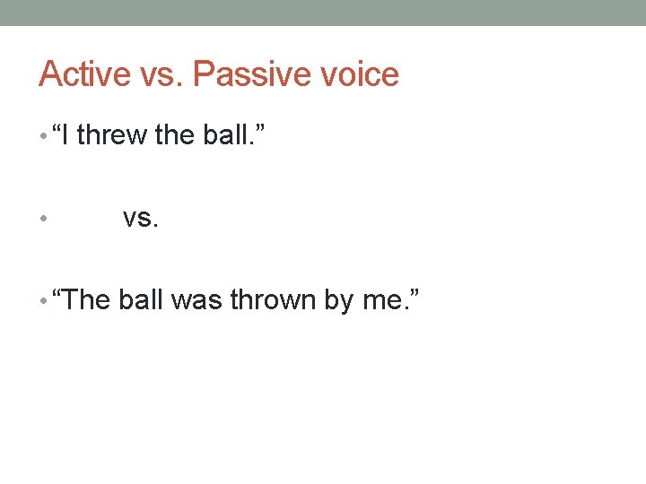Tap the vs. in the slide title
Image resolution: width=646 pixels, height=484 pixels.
point(161,73)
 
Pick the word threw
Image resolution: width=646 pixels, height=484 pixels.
point(112,135)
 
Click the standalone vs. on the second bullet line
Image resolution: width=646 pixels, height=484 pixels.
point(141,217)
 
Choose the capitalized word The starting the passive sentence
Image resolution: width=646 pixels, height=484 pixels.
point(87,299)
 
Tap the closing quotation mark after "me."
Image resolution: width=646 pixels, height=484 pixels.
point(412,292)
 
